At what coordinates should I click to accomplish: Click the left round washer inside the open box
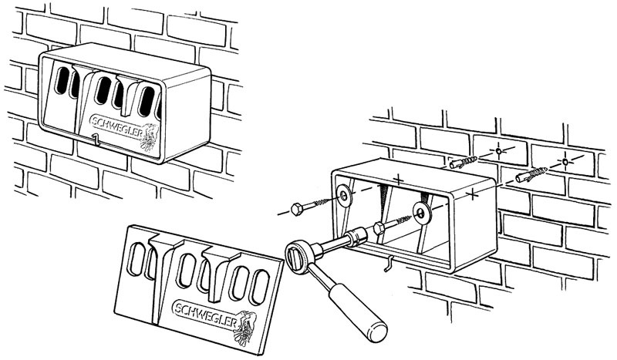[x=343, y=196]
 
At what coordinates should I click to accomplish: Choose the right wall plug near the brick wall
[x=528, y=177]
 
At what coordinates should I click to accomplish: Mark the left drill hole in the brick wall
[x=499, y=153]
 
